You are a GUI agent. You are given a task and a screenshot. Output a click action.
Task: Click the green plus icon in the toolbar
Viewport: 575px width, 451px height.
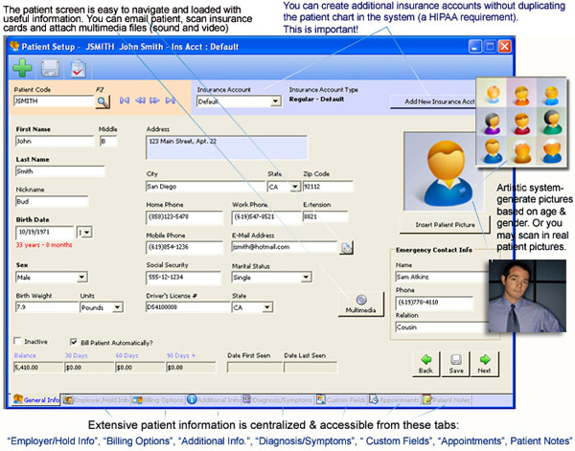tap(22, 68)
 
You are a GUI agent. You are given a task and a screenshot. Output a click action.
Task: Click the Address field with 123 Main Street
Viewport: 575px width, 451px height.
tap(226, 147)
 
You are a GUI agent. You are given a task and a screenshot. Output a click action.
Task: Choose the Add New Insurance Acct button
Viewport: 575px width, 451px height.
tap(440, 101)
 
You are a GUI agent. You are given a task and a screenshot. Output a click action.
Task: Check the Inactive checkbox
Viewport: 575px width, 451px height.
tap(18, 340)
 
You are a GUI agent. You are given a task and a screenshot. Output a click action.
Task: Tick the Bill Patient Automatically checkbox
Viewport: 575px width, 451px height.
tap(74, 340)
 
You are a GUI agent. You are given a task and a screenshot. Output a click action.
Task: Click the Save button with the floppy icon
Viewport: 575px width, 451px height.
tap(455, 364)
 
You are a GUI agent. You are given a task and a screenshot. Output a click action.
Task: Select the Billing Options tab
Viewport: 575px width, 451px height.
tap(159, 399)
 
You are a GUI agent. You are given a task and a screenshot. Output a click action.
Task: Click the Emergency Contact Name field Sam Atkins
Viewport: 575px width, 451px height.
tap(437, 277)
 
